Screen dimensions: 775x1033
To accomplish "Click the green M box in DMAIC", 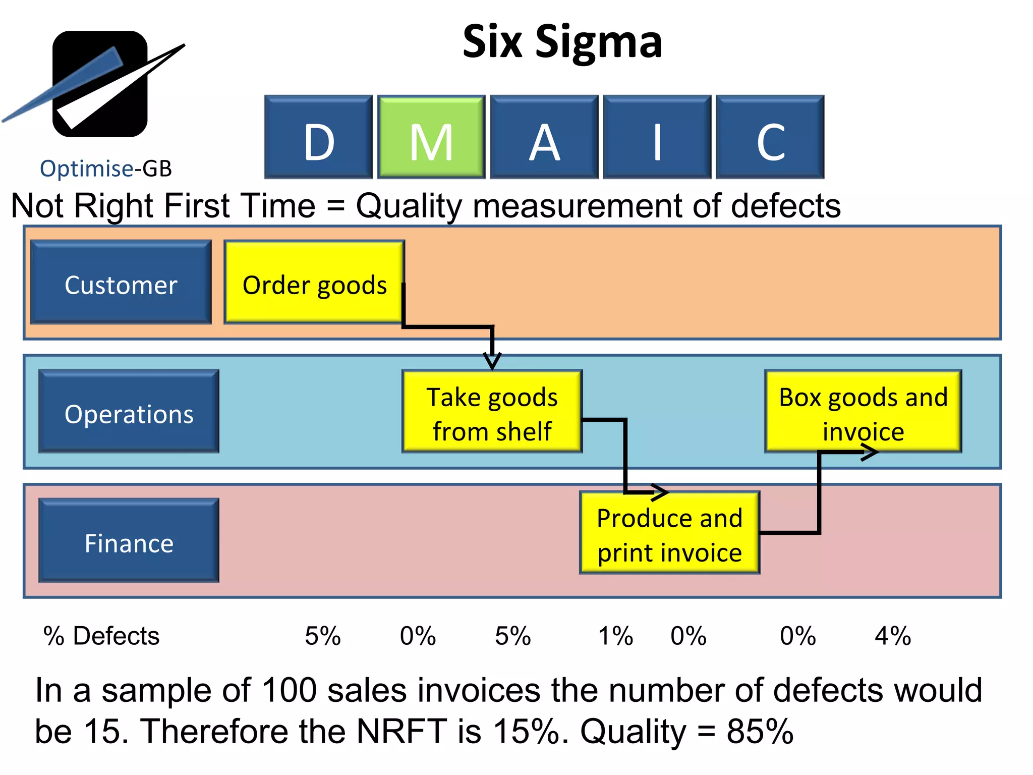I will pos(431,137).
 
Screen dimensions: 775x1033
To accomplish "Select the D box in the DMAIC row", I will pos(318,137).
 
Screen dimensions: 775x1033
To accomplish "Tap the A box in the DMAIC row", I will pos(544,137).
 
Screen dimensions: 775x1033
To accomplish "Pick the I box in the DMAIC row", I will pos(657,137).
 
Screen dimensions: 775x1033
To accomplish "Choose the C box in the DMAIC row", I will pos(770,137).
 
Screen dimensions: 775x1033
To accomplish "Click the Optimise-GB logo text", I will pos(106,169).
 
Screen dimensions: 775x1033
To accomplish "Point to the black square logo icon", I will pos(100,84).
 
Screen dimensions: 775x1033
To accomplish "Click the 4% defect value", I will pos(893,636).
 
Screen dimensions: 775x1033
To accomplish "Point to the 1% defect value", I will pos(615,636).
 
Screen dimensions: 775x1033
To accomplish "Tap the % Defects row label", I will pos(101,636).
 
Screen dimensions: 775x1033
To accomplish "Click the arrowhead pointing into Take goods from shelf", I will pos(492,361).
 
